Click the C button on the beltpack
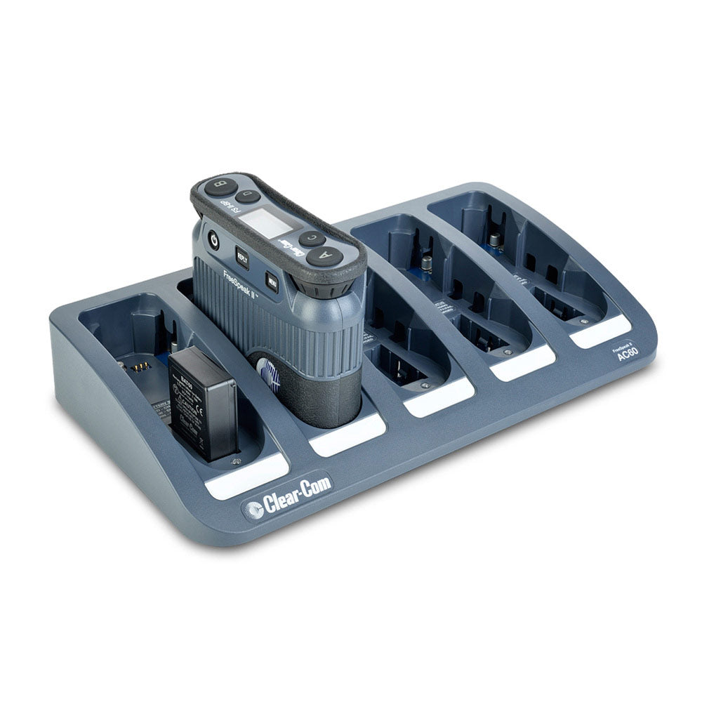312,238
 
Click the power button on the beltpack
215,241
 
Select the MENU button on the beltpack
272,281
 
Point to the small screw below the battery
237,461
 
